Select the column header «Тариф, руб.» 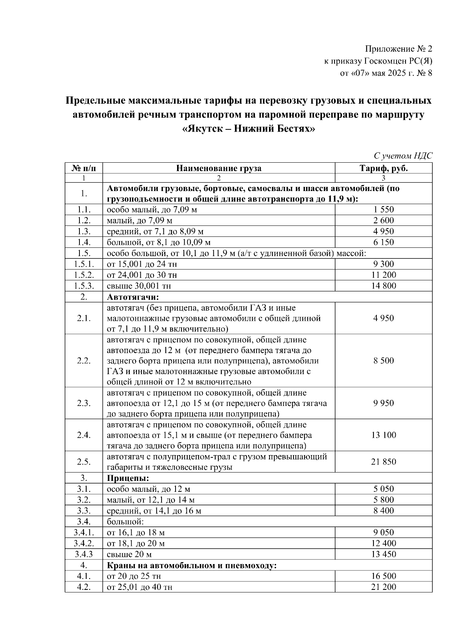click(383, 168)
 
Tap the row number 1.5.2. click(84, 275)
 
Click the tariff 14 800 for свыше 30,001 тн click(383, 286)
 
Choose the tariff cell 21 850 click(383, 462)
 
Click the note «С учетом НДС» click(403, 156)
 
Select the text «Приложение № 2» click(398, 49)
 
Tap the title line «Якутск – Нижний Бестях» click(248, 129)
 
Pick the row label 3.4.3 click(84, 555)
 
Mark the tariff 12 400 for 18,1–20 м click(383, 544)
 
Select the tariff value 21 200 click(383, 587)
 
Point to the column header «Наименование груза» click(219, 168)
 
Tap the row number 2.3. click(84, 403)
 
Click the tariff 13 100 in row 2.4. click(383, 435)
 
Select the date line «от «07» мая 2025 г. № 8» click(386, 73)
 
